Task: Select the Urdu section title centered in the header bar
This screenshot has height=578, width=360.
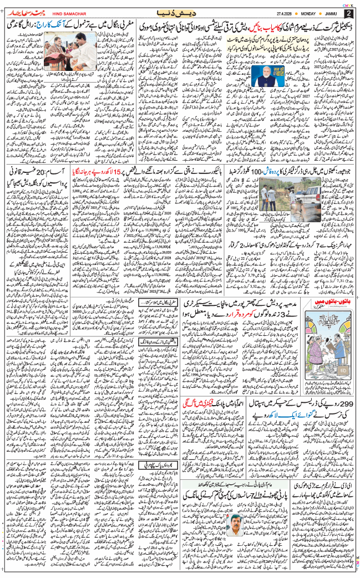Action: click(x=180, y=12)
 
